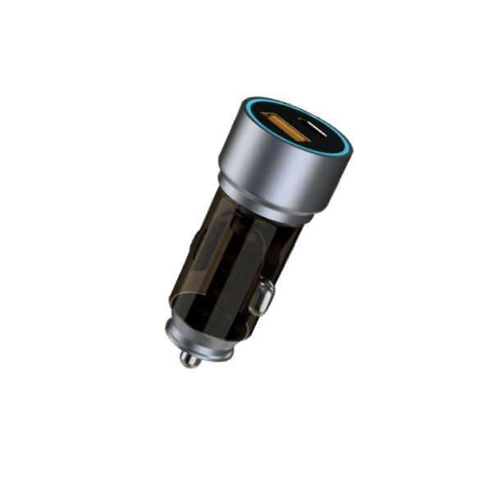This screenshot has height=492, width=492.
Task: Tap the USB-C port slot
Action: pyautogui.click(x=318, y=130)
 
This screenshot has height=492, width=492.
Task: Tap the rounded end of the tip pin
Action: pyautogui.click(x=188, y=362)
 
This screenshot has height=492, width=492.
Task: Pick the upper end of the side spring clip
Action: pyautogui.click(x=266, y=285)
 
